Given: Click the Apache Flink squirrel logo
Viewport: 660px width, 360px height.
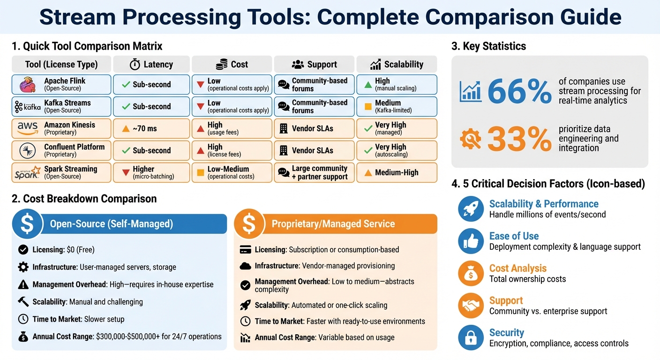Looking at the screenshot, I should (27, 85).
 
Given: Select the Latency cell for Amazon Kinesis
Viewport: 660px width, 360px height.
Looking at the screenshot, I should (151, 128).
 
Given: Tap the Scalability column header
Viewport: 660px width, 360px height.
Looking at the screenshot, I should (397, 64).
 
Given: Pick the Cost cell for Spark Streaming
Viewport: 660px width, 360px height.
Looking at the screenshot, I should (232, 172).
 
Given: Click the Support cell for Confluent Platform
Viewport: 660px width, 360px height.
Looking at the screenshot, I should (314, 150).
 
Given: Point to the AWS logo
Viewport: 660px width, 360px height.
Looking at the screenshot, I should (27, 128).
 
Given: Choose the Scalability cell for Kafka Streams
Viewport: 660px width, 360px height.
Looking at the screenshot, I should (397, 106).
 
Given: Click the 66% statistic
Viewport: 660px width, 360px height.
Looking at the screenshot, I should (519, 91).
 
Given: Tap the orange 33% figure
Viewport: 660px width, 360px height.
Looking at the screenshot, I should (519, 139).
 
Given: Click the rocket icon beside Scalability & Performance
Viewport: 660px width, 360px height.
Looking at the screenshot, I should (470, 209).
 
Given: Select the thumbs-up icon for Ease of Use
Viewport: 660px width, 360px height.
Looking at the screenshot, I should (470, 241).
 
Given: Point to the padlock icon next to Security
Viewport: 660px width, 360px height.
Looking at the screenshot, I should (470, 337).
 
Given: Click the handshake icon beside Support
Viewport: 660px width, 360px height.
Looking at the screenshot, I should (470, 306).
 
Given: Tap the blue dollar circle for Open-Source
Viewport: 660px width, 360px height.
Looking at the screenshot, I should (28, 224).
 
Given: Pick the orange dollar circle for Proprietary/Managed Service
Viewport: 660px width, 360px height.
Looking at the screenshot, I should (249, 224).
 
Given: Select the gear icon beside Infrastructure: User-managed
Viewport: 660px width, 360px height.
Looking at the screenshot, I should (23, 267).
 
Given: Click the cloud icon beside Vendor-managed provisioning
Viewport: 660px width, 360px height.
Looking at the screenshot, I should (245, 266).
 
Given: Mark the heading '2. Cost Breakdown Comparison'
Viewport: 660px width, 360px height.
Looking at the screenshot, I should (84, 199).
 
